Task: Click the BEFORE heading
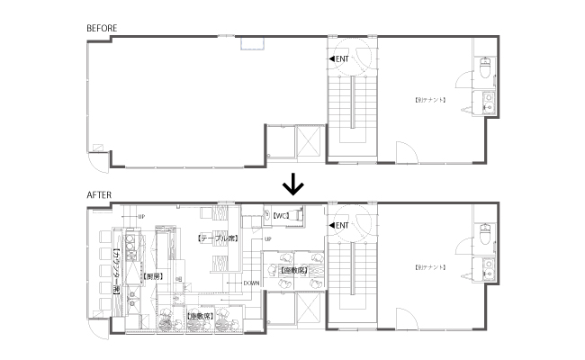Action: click(102, 29)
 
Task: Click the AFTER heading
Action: click(98, 194)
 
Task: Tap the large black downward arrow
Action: click(292, 185)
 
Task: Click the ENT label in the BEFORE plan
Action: click(339, 59)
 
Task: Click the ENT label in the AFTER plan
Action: click(339, 226)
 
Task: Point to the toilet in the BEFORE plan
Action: click(484, 67)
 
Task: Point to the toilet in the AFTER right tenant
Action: click(484, 233)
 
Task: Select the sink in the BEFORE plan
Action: click(488, 99)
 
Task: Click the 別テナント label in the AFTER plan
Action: click(431, 268)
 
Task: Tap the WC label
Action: click(279, 216)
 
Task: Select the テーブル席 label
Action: click(216, 238)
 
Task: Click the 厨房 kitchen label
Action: click(153, 277)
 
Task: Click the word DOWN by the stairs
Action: click(252, 283)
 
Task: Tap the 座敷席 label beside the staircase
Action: click(293, 269)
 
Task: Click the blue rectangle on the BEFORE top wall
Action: click(251, 41)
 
